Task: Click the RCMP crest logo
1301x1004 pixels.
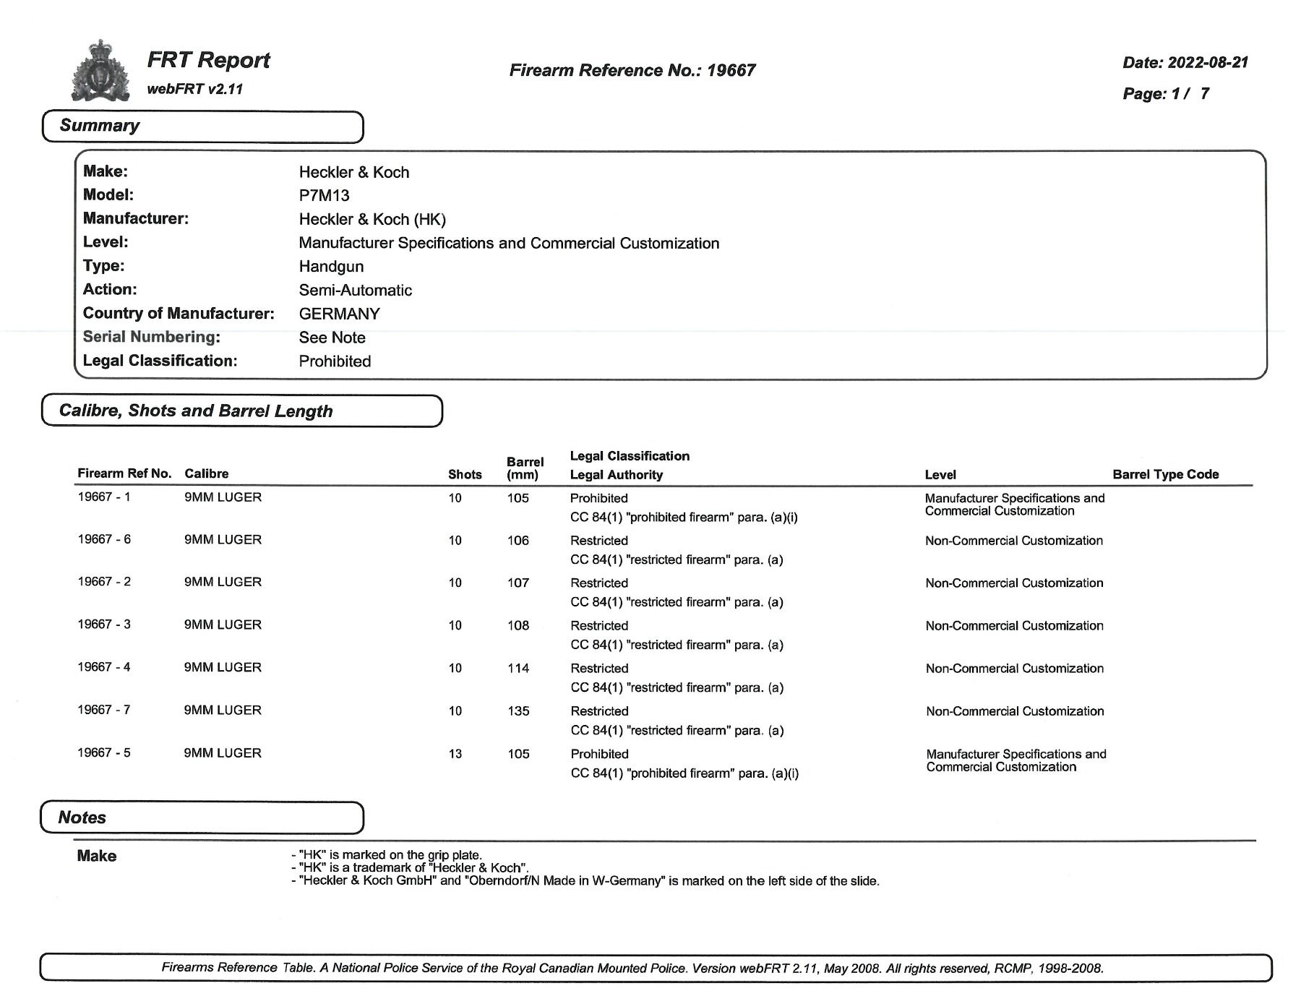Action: pos(100,71)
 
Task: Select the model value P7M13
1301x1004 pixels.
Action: pos(324,195)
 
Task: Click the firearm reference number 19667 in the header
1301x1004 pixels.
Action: pos(731,70)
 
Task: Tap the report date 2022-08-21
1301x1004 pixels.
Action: pos(1208,62)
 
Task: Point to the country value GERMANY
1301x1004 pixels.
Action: pos(339,314)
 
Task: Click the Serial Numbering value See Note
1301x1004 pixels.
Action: pos(332,338)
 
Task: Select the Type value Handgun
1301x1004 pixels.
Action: pos(331,266)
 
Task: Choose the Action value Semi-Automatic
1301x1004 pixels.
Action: pos(355,290)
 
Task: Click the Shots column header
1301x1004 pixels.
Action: pos(465,474)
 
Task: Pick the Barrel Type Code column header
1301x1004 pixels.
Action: pos(1165,474)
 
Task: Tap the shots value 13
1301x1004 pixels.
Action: pos(455,754)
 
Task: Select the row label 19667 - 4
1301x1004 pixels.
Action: pos(104,667)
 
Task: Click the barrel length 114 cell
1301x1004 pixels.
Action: pos(518,669)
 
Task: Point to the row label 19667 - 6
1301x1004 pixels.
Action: pos(104,539)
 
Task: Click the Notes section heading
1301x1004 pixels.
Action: pos(82,818)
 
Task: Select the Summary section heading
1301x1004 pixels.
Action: pos(100,126)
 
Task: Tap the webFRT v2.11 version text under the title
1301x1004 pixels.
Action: pos(194,90)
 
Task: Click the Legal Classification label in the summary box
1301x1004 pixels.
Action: pos(160,361)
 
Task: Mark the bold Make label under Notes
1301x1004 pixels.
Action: pos(96,856)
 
